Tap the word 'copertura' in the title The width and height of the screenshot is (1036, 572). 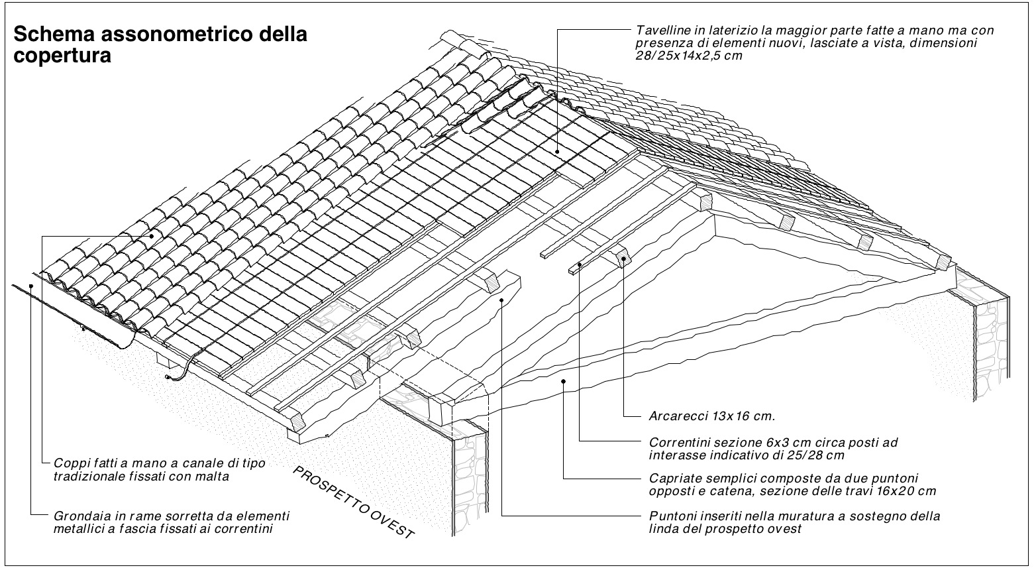[62, 56]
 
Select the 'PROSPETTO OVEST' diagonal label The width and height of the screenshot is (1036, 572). [354, 502]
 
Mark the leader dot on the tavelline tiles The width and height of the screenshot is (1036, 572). [558, 152]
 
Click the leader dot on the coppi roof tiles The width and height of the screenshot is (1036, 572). [152, 236]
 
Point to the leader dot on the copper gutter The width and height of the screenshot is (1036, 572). [31, 286]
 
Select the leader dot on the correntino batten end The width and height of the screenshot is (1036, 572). [580, 264]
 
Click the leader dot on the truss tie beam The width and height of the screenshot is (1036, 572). [563, 380]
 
